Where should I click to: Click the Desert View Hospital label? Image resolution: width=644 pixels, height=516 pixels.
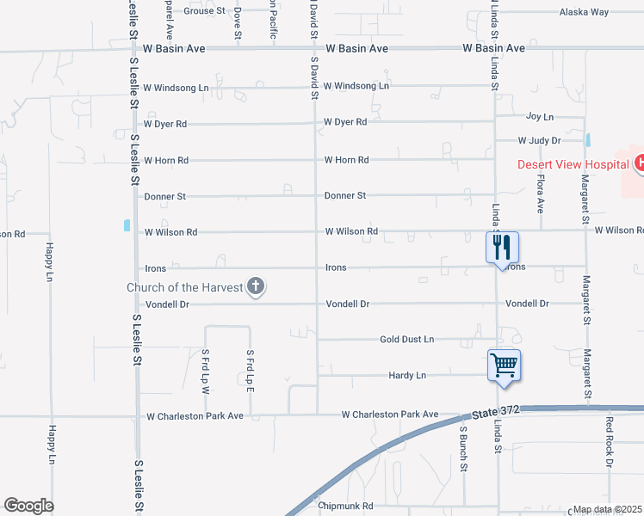573,164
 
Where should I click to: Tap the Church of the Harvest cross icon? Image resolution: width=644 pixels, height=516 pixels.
255,287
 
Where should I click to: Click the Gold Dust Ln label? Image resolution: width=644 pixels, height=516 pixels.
407,340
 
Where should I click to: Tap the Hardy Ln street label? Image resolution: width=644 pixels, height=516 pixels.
407,376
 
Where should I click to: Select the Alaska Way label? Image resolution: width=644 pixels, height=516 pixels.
584,12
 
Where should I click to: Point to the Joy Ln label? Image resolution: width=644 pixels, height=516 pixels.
540,116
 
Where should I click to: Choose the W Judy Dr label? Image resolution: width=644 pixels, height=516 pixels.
539,140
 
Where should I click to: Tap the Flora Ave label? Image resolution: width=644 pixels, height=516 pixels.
540,194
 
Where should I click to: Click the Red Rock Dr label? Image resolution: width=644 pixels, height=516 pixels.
609,441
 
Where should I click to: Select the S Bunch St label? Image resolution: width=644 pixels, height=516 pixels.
463,448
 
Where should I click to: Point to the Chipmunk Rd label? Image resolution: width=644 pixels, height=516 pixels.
344,507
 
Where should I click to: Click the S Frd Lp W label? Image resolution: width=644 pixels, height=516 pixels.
206,370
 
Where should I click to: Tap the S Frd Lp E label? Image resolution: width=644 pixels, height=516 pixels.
250,370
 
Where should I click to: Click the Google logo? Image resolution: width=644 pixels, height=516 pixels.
28,506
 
